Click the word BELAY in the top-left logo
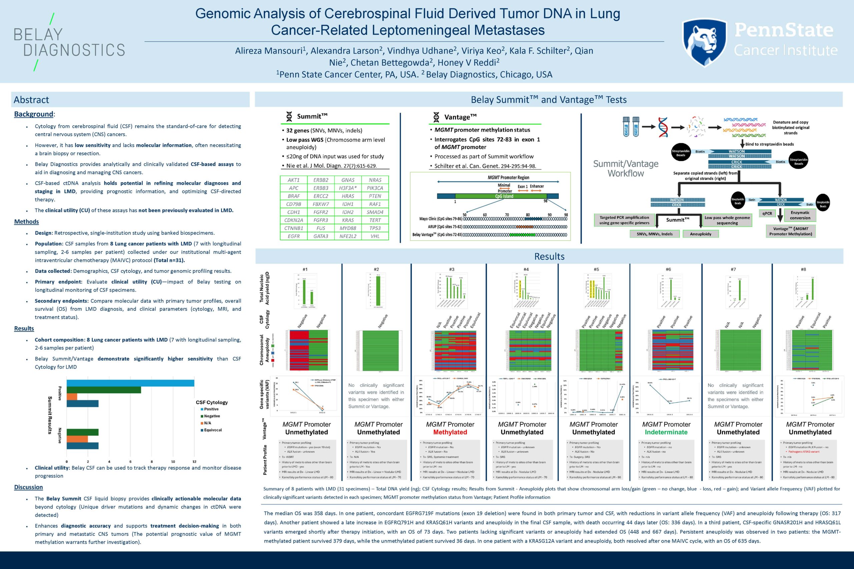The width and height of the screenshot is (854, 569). tap(38, 34)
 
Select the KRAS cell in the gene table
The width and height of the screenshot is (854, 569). tap(348, 220)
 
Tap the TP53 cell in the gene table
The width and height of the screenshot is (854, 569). tap(375, 228)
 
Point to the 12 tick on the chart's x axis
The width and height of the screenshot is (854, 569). tap(194, 462)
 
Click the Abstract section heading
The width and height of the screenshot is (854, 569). tap(31, 100)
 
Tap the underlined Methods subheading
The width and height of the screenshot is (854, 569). tap(26, 222)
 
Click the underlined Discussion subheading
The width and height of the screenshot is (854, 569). tap(28, 487)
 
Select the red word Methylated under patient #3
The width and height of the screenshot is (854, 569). tap(450, 432)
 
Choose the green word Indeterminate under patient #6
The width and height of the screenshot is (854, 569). tap(666, 432)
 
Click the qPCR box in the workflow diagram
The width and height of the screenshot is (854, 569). tap(767, 213)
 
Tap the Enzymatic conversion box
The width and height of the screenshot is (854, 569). tap(800, 215)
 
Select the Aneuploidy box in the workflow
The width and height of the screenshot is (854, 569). tap(701, 234)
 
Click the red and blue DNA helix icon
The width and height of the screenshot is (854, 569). tap(663, 127)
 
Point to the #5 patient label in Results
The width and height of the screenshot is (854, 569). tap(596, 269)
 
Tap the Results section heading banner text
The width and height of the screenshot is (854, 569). tap(549, 257)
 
